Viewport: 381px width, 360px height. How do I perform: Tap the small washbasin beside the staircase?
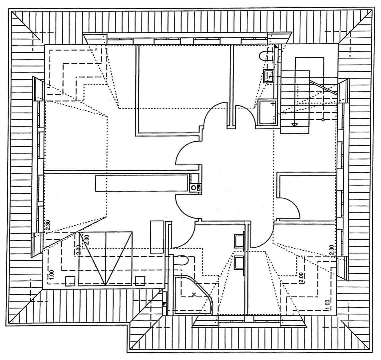[x=269, y=76]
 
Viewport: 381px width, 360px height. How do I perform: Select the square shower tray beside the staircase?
[x=268, y=112]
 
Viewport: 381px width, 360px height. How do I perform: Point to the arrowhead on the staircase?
[x=294, y=125]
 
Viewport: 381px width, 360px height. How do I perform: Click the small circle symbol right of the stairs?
[x=323, y=120]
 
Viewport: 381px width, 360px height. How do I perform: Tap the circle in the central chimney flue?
[x=193, y=188]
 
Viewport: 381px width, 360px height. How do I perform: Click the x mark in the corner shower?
[x=194, y=295]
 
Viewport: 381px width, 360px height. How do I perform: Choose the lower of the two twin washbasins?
[x=238, y=263]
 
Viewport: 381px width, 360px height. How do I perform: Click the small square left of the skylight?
[x=70, y=281]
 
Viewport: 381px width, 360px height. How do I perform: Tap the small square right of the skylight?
[x=140, y=280]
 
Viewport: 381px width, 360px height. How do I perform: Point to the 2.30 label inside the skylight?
[x=87, y=240]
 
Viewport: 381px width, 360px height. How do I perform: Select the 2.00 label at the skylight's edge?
[x=78, y=250]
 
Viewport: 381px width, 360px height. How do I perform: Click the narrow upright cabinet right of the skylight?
[x=157, y=237]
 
